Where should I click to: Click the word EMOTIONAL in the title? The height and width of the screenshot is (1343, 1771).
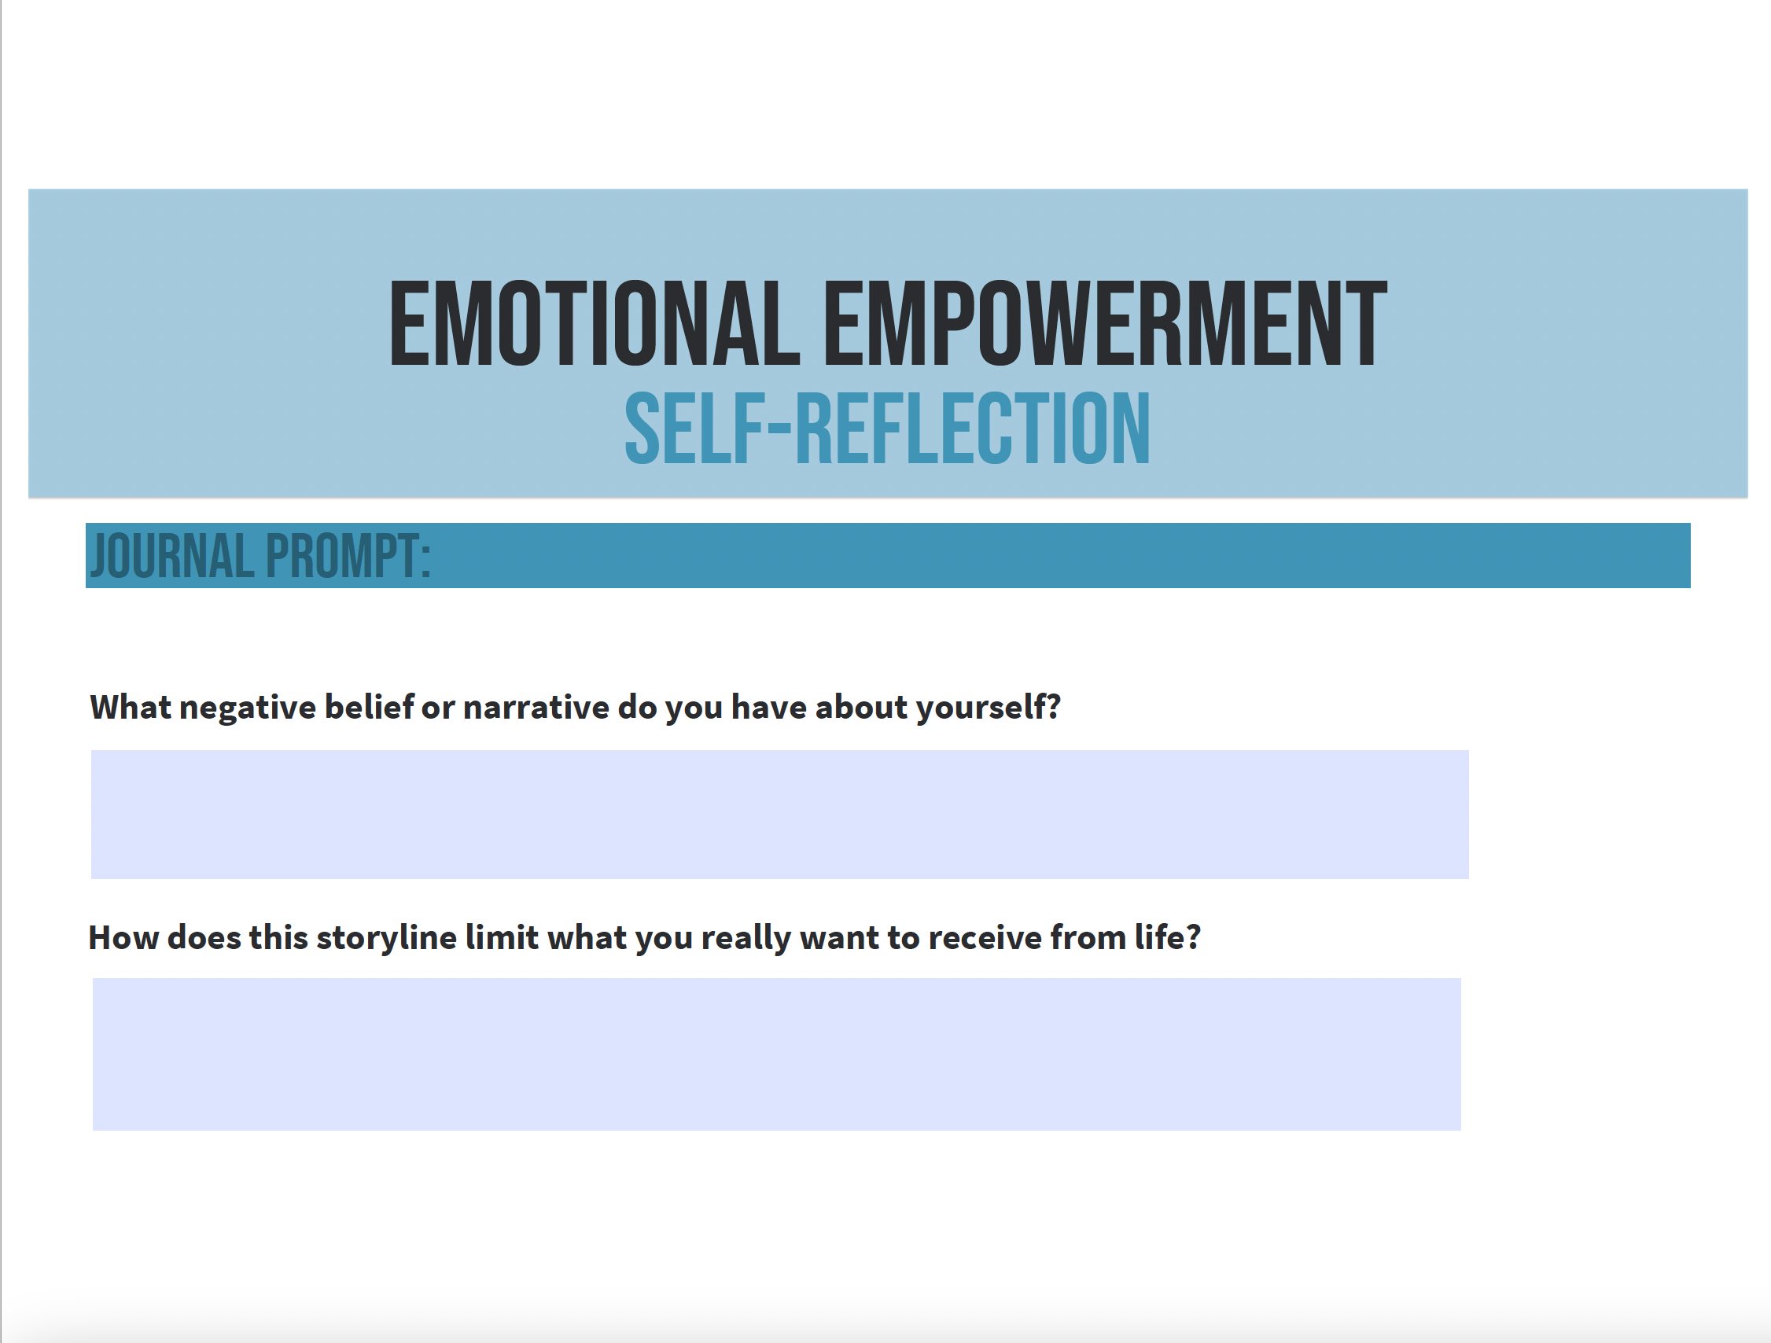595,323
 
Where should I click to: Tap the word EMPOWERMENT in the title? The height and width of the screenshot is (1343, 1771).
1105,323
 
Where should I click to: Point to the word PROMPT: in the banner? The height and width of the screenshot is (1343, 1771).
348,555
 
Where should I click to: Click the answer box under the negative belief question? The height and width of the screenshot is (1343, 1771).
780,814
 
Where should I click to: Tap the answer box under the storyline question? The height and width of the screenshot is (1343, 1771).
777,1054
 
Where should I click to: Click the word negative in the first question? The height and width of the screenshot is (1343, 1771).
248,708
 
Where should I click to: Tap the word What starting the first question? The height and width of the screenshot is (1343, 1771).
131,707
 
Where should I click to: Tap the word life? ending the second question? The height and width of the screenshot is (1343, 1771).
1167,937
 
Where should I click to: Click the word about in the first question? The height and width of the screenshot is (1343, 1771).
861,707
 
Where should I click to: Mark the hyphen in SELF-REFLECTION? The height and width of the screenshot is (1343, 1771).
779,431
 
